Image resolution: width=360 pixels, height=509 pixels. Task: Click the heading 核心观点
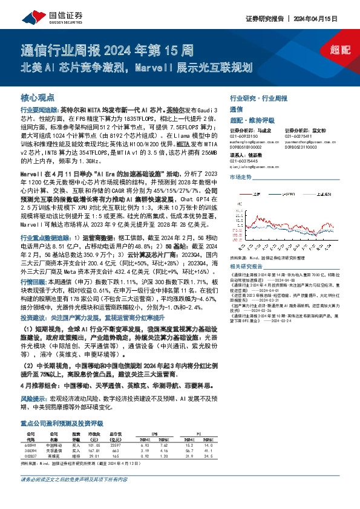click(34, 97)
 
